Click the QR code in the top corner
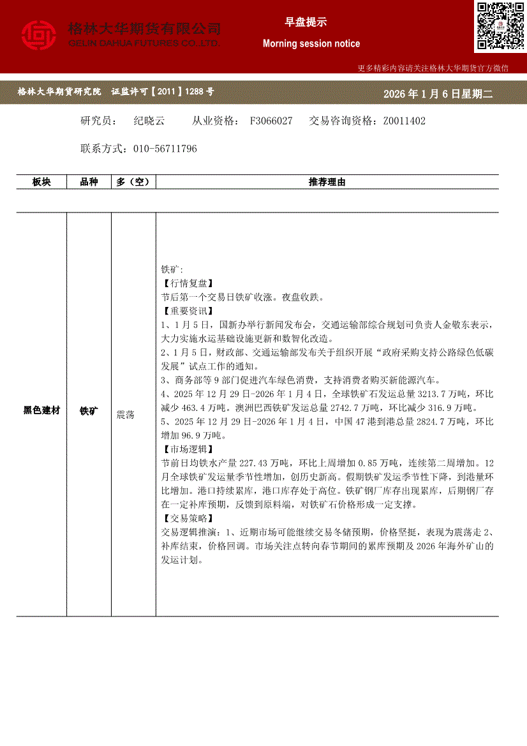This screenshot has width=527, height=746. pos(500,26)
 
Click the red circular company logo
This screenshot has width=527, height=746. pos(39,35)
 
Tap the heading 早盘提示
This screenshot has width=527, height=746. pos(305,22)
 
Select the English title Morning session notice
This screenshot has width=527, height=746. pos(311,43)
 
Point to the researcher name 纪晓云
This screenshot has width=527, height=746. pos(149,121)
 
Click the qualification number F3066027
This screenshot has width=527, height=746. pos(271,121)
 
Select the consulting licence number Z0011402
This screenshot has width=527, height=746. pos(404,121)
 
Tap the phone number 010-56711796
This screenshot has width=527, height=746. pos(165,149)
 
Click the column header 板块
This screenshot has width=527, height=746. pos(41,182)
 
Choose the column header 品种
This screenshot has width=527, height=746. pos(89,182)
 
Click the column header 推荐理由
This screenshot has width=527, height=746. pos(327,182)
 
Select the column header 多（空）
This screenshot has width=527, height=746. pos(133,182)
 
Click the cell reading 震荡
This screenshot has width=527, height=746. pos(125,415)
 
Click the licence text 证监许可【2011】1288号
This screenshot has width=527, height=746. pos(163,92)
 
